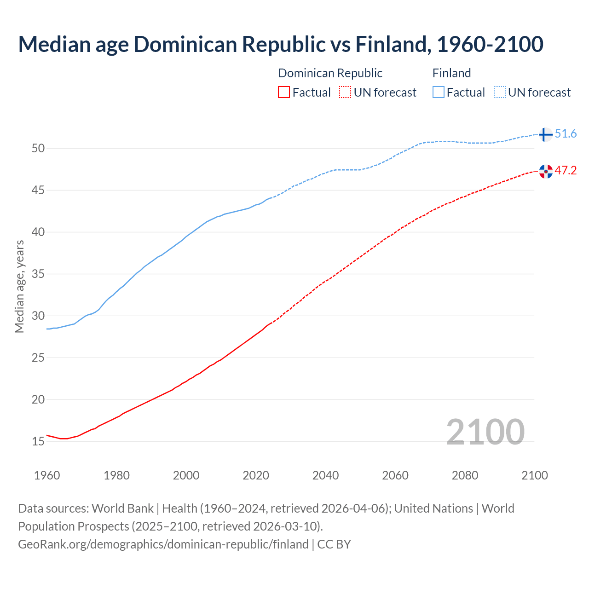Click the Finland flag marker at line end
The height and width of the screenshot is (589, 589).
(545, 134)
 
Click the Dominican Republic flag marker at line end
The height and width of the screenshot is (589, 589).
(546, 171)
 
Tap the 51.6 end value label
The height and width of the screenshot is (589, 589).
(566, 134)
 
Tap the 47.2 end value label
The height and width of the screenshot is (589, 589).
(566, 171)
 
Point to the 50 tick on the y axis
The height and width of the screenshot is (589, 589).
(38, 148)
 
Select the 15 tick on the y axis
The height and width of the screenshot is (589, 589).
(38, 441)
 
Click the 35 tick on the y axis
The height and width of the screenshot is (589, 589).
(38, 274)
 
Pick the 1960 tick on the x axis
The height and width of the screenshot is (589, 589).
(47, 475)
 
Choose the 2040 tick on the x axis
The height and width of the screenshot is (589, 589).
(325, 475)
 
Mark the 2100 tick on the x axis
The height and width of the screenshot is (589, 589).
(534, 475)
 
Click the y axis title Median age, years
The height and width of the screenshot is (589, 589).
(19, 286)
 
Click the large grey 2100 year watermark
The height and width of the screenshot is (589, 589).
(485, 432)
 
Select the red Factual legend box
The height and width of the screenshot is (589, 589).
(284, 92)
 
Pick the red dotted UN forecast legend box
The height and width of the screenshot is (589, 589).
(345, 92)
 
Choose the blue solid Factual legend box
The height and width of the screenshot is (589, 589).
(439, 92)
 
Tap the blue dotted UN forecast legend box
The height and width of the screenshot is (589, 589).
(500, 92)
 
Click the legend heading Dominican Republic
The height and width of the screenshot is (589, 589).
(330, 73)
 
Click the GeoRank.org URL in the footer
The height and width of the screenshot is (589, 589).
(163, 544)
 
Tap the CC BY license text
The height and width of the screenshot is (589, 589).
(334, 544)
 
